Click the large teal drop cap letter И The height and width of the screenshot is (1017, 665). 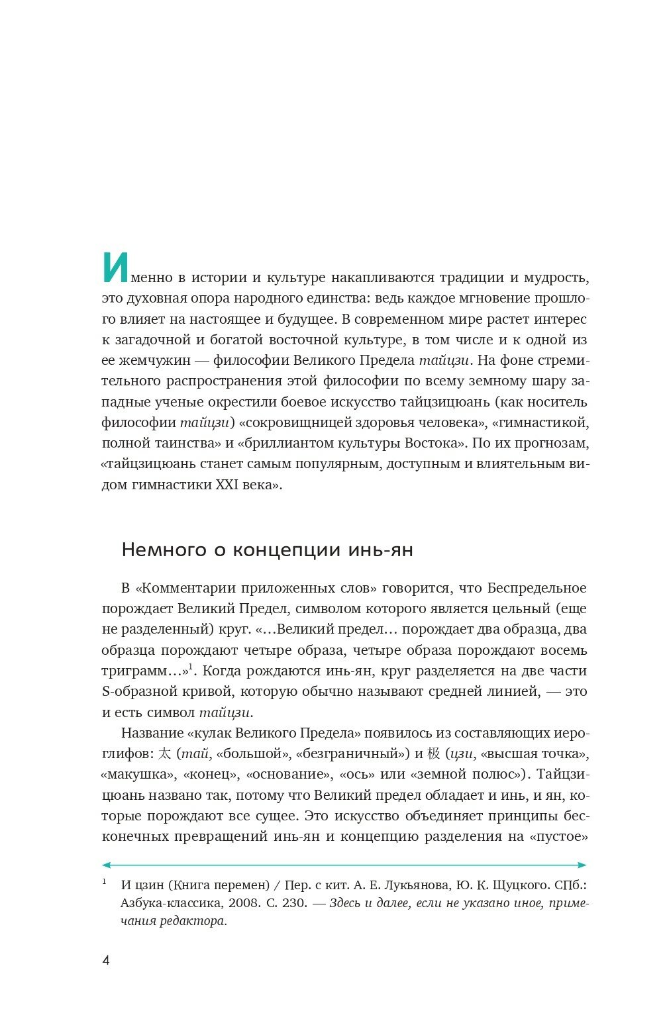point(113,268)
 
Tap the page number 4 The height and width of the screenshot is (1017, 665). point(106,961)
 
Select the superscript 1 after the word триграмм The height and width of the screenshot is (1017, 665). point(191,667)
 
